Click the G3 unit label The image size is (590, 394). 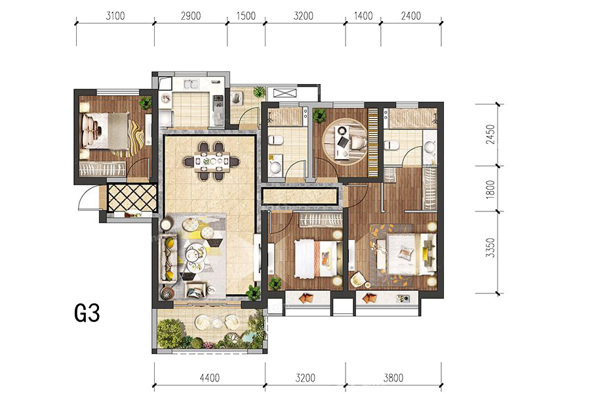87,313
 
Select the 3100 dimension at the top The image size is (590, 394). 115,16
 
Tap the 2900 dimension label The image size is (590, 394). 191,16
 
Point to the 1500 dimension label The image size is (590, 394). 246,16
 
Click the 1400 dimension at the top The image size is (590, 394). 363,16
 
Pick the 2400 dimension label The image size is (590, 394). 411,16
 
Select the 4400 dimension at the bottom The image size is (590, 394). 210,378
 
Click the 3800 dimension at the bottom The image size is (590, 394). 393,378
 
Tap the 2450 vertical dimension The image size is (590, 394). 490,134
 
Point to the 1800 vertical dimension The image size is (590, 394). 490,189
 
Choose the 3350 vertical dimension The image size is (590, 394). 490,248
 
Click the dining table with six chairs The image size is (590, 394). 212,161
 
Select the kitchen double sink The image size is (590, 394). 191,83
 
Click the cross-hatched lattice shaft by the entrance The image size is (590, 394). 132,198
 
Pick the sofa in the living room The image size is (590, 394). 168,258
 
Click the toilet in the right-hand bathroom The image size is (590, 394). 392,144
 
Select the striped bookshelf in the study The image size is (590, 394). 372,142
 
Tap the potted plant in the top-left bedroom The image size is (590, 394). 146,102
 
